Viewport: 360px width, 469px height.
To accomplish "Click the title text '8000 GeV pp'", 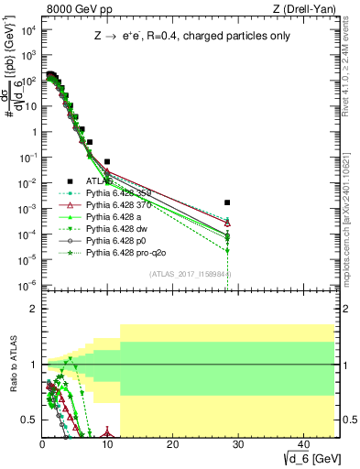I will [x=71, y=9].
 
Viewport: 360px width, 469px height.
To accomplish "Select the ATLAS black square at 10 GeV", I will [x=107, y=161].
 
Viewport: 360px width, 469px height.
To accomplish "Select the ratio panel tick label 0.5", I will [x=27, y=420].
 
